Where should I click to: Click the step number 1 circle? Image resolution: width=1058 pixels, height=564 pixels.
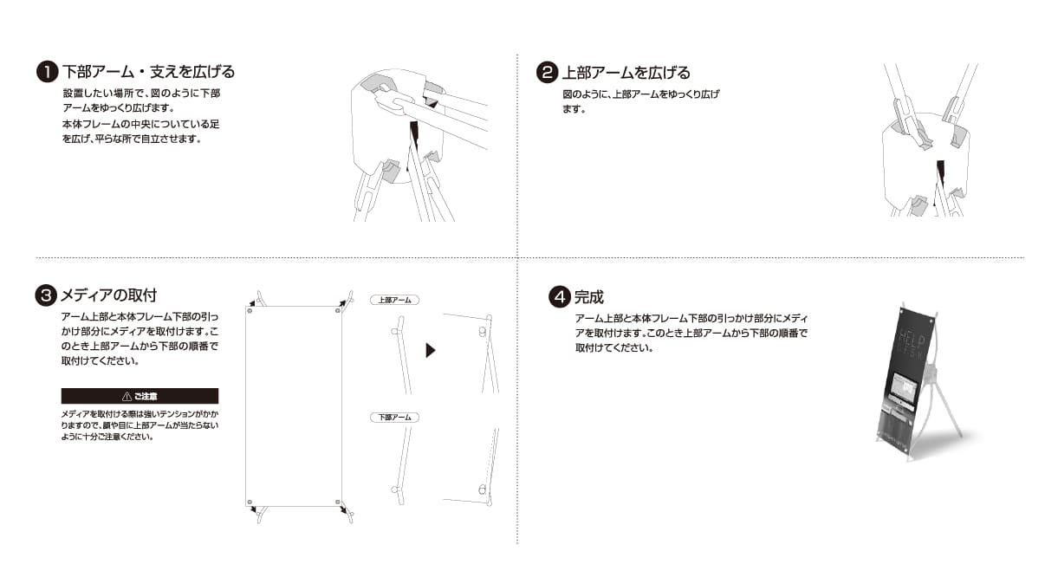coord(48,72)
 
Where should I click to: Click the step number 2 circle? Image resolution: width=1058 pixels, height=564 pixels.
coord(548,73)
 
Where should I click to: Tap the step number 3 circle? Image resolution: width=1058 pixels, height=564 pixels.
coord(46,295)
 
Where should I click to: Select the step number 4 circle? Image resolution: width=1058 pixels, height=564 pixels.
coord(560,297)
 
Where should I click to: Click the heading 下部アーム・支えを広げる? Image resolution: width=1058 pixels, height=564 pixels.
coord(149,72)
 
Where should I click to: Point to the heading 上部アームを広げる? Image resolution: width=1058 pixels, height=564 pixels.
coord(626,73)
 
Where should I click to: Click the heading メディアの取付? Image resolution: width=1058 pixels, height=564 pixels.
coord(108,295)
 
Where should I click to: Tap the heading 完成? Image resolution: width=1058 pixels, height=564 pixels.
coord(589,297)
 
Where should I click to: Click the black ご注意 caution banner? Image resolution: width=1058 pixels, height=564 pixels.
coord(140,396)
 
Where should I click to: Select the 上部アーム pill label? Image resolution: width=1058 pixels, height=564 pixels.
coord(395,300)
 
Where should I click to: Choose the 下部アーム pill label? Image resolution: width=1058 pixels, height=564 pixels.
coord(395,417)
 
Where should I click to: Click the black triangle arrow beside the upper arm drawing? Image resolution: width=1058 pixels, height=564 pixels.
coord(431,350)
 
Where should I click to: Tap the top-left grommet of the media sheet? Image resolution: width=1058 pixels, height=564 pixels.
coord(250,311)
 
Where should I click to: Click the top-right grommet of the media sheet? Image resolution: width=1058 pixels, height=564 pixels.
coord(337,311)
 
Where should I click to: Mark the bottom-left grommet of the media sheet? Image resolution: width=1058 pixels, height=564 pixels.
coord(250,502)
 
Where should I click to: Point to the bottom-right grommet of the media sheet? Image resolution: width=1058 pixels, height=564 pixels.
coord(337,502)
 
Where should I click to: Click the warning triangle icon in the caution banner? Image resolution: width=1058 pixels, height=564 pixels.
coord(127,396)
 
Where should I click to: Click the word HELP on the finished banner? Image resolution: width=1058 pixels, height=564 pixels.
coord(909,336)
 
